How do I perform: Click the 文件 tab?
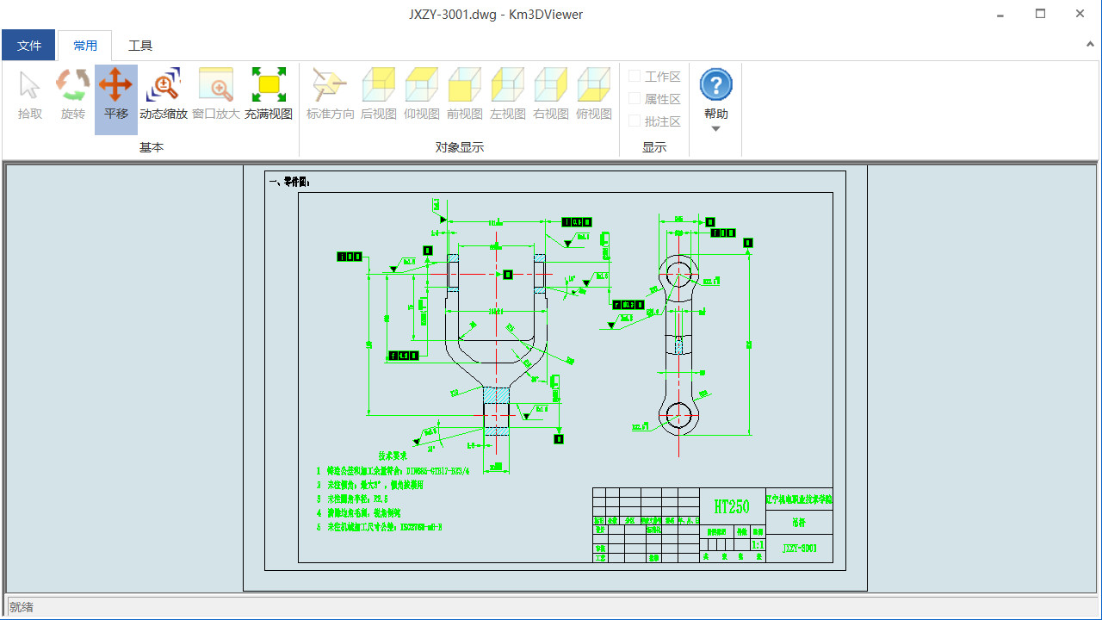coord(28,46)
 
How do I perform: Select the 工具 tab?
coord(140,46)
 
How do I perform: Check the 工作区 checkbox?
coord(635,77)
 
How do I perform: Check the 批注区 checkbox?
coord(635,121)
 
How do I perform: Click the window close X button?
coord(1080,14)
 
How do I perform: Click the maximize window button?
coord(1040,14)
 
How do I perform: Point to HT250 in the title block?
coord(732,506)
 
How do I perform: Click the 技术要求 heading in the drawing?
coord(393,455)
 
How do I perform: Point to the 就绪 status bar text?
coord(22,607)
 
